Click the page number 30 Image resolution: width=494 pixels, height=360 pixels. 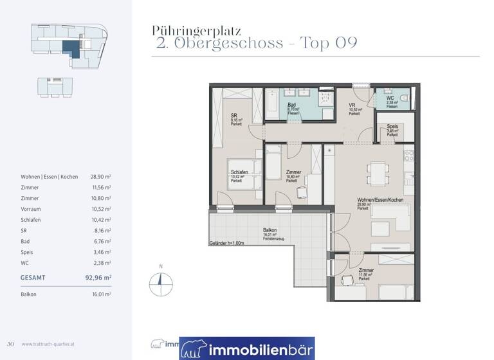pyautogui.click(x=10, y=344)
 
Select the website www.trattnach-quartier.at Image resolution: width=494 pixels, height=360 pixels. pyautogui.click(x=49, y=344)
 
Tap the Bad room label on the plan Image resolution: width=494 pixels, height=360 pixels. pyautogui.click(x=291, y=105)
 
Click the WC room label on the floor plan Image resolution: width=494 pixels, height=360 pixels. pyautogui.click(x=390, y=98)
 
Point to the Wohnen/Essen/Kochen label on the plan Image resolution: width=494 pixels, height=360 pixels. pyautogui.click(x=380, y=201)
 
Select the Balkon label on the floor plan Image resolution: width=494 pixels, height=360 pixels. pyautogui.click(x=270, y=230)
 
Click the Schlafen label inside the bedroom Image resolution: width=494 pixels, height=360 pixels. pyautogui.click(x=240, y=172)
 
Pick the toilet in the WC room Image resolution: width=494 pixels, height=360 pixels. pyautogui.click(x=404, y=98)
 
